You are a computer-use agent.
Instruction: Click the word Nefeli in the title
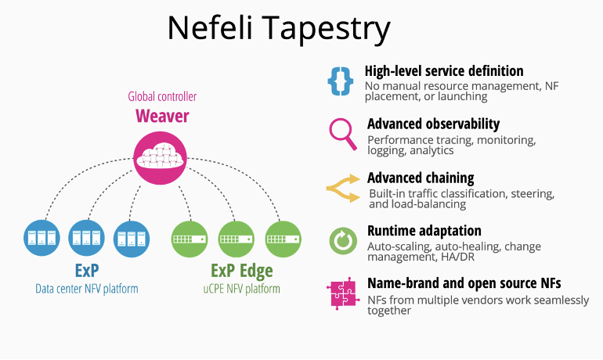click(209, 28)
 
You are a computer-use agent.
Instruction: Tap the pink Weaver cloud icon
click(162, 157)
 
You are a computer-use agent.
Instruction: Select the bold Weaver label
click(162, 117)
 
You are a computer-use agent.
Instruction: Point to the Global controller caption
click(162, 97)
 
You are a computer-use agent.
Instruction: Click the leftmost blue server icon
click(42, 238)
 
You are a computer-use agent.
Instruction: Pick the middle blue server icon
click(86, 238)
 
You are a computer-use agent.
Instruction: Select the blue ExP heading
click(86, 271)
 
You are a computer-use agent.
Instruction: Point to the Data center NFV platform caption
click(86, 289)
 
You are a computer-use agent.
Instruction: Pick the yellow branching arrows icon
click(342, 187)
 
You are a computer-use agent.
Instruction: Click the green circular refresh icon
click(342, 240)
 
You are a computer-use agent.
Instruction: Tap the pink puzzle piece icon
click(342, 293)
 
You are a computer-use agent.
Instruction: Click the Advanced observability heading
click(433, 124)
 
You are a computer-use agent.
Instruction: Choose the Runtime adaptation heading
click(424, 231)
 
